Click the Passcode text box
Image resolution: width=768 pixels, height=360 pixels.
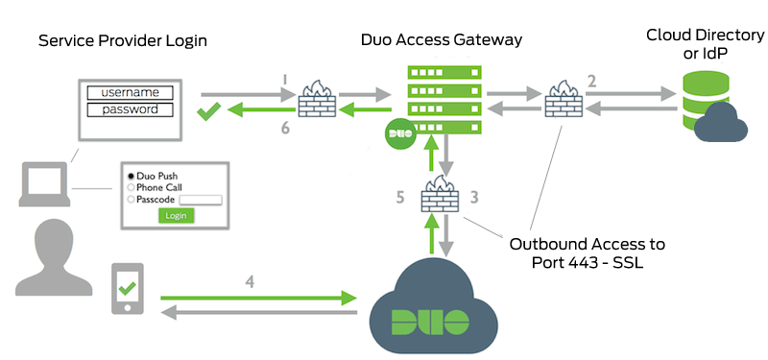(x=201, y=200)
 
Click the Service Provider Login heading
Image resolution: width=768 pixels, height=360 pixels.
(x=122, y=41)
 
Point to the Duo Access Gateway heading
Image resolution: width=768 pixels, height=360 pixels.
(x=442, y=40)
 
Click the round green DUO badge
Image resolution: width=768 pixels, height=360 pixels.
(x=399, y=135)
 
